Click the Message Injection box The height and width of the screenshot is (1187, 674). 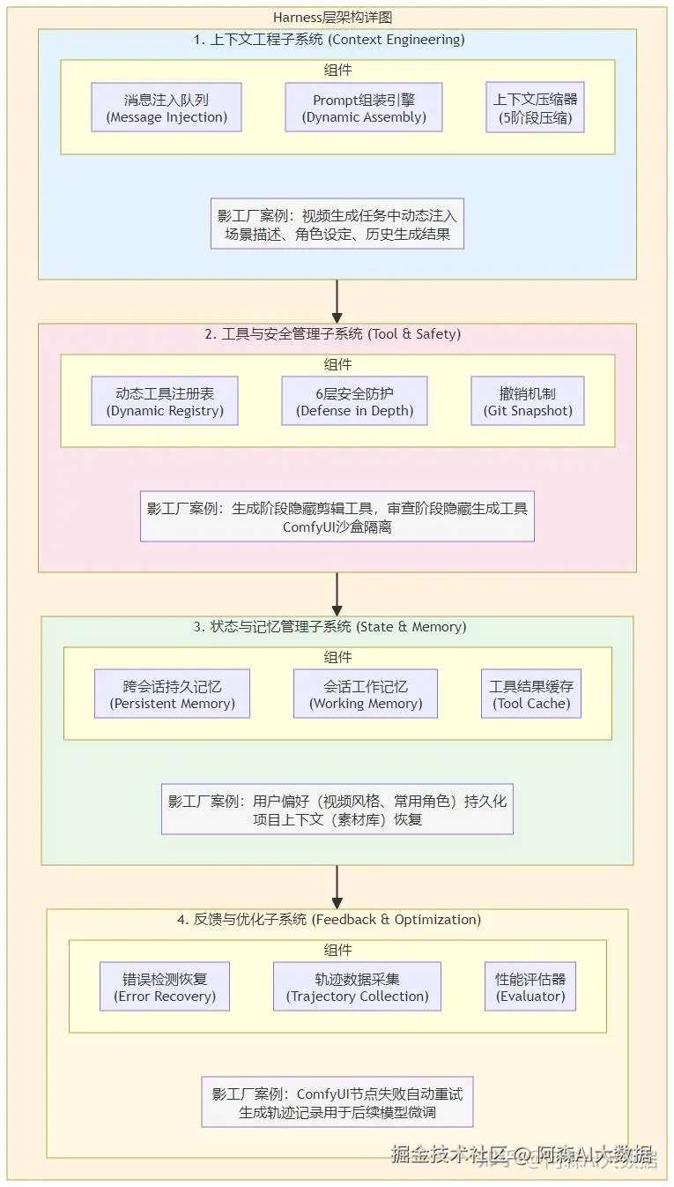coord(167,108)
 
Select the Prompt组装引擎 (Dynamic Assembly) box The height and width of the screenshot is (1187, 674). coord(364,108)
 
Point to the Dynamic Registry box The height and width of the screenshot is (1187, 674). coord(165,401)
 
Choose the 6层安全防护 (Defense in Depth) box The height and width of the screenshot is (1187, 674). coord(354,401)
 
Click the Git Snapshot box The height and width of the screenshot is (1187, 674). coord(528,401)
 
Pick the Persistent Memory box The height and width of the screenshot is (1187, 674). coord(172,694)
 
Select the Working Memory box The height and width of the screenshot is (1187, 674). coord(366,694)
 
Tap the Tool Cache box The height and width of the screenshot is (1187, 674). coord(530,694)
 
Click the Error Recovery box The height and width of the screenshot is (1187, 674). coord(164,987)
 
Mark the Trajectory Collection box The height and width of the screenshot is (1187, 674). coord(357,987)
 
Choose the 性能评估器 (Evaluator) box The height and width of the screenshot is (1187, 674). coord(530,987)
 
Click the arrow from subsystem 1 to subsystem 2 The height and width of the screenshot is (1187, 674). coord(337,302)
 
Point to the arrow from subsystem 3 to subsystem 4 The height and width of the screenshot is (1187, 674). coord(337,886)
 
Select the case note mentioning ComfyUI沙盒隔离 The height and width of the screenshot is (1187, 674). coord(337,517)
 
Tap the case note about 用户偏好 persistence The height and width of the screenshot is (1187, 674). coord(337,810)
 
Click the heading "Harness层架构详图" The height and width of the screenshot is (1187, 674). coord(337,18)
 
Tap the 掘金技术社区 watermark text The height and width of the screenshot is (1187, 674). coord(449,1154)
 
